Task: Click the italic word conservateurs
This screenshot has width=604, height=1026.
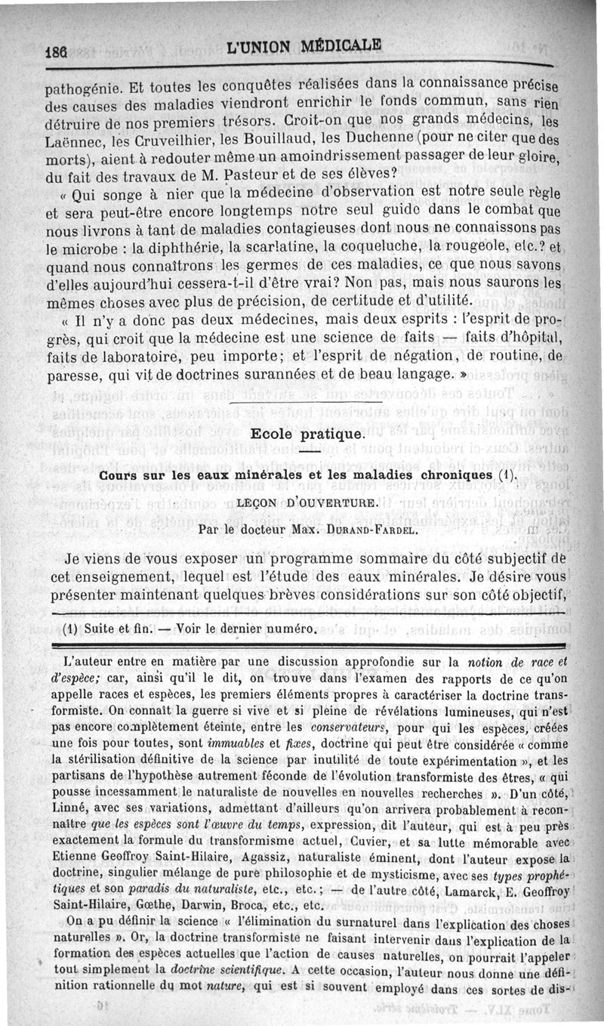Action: (387, 729)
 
